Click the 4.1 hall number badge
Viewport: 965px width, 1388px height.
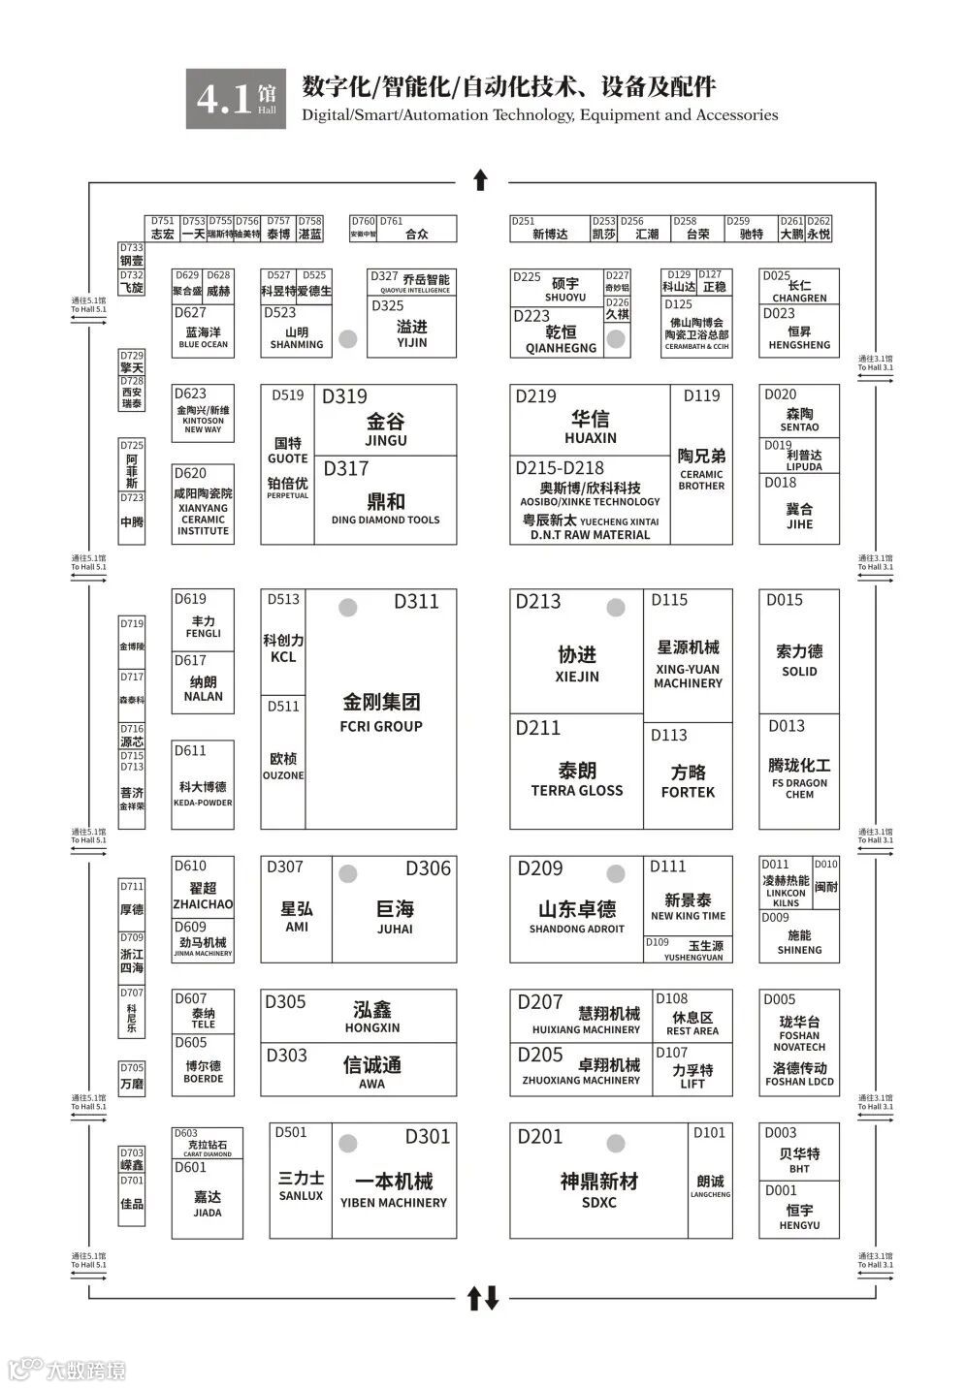point(236,98)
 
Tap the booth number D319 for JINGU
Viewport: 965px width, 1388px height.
point(345,396)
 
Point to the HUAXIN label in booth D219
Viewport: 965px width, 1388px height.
point(590,438)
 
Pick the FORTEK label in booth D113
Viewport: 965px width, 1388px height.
point(688,792)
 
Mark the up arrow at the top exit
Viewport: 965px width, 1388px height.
point(480,179)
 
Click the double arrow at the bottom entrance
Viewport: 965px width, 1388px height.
point(482,1298)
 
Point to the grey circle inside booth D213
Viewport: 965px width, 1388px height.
point(615,608)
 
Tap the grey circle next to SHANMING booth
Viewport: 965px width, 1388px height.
point(348,339)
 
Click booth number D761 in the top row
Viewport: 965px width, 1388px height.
point(392,221)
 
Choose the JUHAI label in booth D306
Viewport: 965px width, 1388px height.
point(395,929)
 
